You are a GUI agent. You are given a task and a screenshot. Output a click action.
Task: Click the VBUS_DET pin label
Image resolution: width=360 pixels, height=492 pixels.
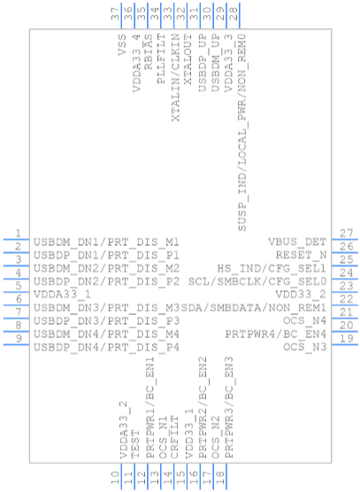tap(297, 242)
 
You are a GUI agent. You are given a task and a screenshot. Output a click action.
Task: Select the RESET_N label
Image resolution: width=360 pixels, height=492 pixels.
tap(301, 255)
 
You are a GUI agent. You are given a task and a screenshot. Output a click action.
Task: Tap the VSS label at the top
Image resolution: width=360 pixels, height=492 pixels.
tap(122, 45)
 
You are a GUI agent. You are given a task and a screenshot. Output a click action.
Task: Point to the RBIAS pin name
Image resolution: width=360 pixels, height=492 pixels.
tap(148, 52)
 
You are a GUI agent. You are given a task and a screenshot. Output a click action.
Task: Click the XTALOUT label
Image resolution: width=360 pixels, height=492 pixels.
tap(188, 59)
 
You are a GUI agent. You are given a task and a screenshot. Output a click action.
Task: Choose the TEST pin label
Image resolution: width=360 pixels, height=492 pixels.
tap(134, 444)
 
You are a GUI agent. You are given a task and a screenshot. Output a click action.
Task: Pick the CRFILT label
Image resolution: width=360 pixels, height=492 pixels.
tap(174, 437)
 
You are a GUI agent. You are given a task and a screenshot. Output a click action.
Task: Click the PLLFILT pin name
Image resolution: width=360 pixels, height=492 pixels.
tap(161, 59)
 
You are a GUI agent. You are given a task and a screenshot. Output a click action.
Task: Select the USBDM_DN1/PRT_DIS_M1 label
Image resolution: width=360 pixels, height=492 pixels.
tap(106, 242)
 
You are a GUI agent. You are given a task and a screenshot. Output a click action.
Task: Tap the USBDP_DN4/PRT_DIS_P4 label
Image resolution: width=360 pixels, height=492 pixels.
tap(106, 348)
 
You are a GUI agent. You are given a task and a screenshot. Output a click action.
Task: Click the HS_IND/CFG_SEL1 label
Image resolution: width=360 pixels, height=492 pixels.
tap(272, 268)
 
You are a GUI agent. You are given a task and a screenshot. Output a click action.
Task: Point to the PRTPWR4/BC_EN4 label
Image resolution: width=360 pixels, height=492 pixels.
tap(276, 334)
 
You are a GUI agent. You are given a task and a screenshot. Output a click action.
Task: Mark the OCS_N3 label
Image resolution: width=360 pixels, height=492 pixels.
tap(305, 348)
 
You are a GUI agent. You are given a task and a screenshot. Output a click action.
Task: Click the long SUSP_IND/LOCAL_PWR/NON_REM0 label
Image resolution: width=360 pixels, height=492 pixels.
tap(242, 133)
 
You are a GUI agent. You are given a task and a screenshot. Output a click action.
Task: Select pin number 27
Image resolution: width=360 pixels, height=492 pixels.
tap(346, 233)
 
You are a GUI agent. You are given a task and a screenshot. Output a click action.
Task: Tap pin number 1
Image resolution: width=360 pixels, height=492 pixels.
tap(19, 233)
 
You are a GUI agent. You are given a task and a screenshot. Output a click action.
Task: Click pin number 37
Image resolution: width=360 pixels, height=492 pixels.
tap(115, 14)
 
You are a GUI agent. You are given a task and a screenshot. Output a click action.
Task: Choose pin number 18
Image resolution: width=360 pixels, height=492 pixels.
tap(220, 478)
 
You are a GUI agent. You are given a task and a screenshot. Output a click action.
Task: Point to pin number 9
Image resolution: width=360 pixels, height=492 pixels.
tap(19, 339)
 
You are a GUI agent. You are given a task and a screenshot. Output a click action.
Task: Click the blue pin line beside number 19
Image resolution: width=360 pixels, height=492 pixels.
tap(345, 344)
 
